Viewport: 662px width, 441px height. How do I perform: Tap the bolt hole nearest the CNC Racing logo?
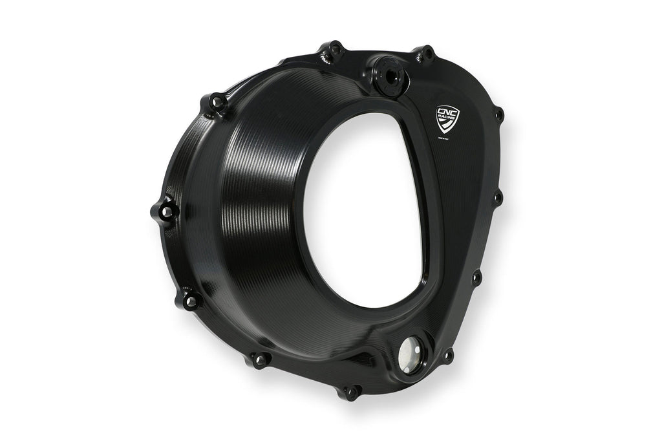[x=498, y=115]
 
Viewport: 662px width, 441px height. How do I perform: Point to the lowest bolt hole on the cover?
[x=352, y=392]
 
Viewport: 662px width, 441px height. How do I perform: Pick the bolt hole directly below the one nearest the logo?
[x=498, y=196]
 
